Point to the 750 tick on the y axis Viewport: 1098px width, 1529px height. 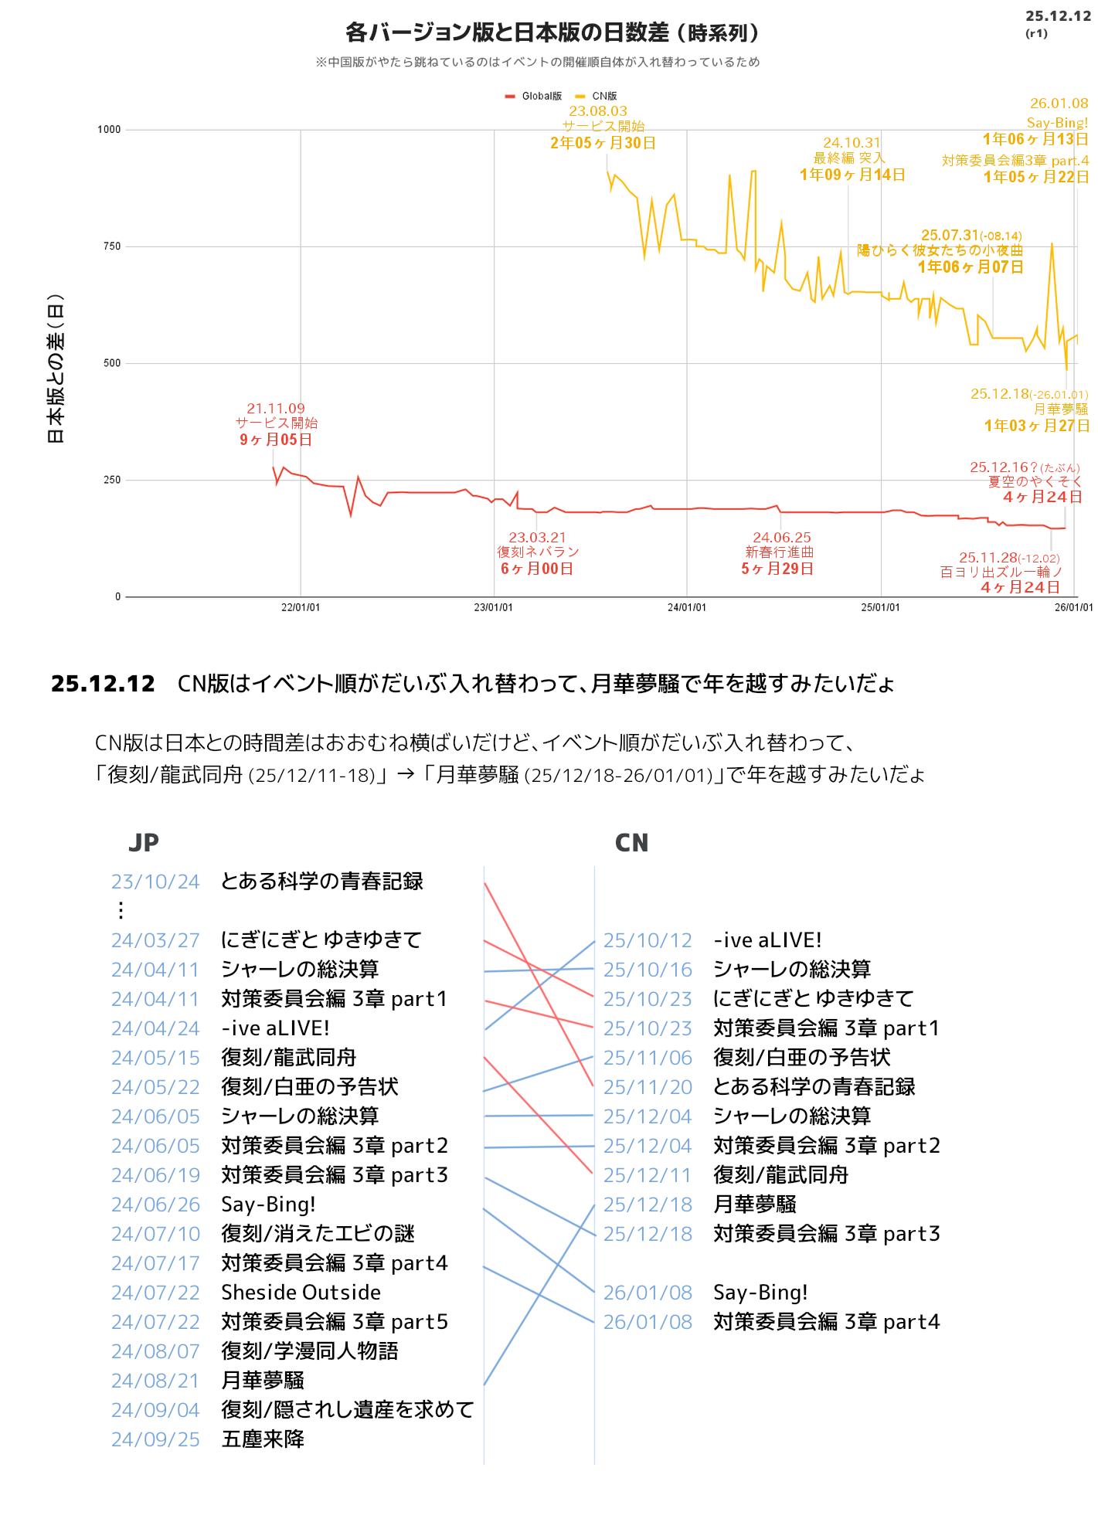point(109,246)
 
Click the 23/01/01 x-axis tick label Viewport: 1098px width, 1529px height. point(493,607)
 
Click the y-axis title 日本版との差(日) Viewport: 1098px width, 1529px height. point(56,369)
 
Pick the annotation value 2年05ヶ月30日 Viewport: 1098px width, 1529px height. point(603,143)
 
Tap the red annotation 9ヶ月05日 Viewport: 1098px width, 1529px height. point(276,440)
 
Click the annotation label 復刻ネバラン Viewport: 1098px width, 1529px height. point(538,552)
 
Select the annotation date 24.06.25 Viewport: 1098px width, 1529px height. point(781,537)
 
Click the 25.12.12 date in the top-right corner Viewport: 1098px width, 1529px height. point(1058,16)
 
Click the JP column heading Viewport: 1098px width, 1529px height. point(144,842)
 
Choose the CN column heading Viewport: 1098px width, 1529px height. point(631,842)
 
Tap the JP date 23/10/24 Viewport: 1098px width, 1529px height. point(155,882)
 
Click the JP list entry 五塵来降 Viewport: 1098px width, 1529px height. point(263,1439)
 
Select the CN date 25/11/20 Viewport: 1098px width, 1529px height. point(648,1087)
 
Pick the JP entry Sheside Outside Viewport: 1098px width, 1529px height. point(301,1293)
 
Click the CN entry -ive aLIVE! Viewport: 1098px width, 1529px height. point(767,940)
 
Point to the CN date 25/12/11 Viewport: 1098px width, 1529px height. point(648,1175)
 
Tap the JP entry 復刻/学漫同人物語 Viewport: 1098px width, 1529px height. point(309,1351)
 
